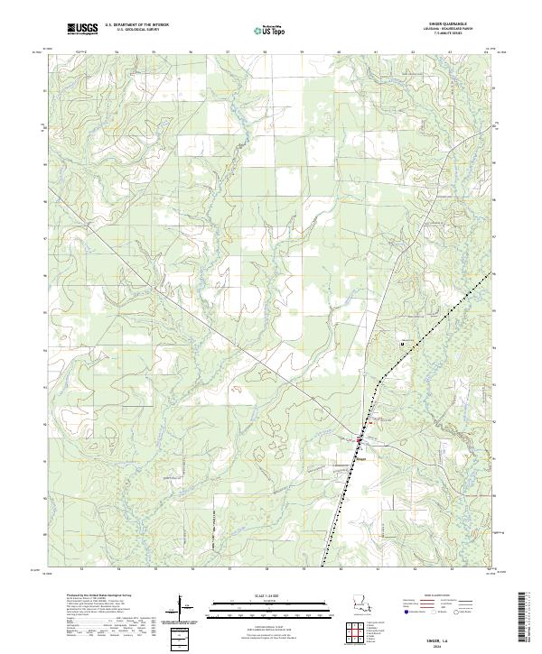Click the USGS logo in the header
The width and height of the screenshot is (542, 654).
point(82,29)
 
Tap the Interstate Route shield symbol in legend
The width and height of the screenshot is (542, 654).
point(407,612)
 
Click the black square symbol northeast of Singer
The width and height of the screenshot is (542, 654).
point(403,344)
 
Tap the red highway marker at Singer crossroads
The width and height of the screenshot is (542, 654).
point(358,439)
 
